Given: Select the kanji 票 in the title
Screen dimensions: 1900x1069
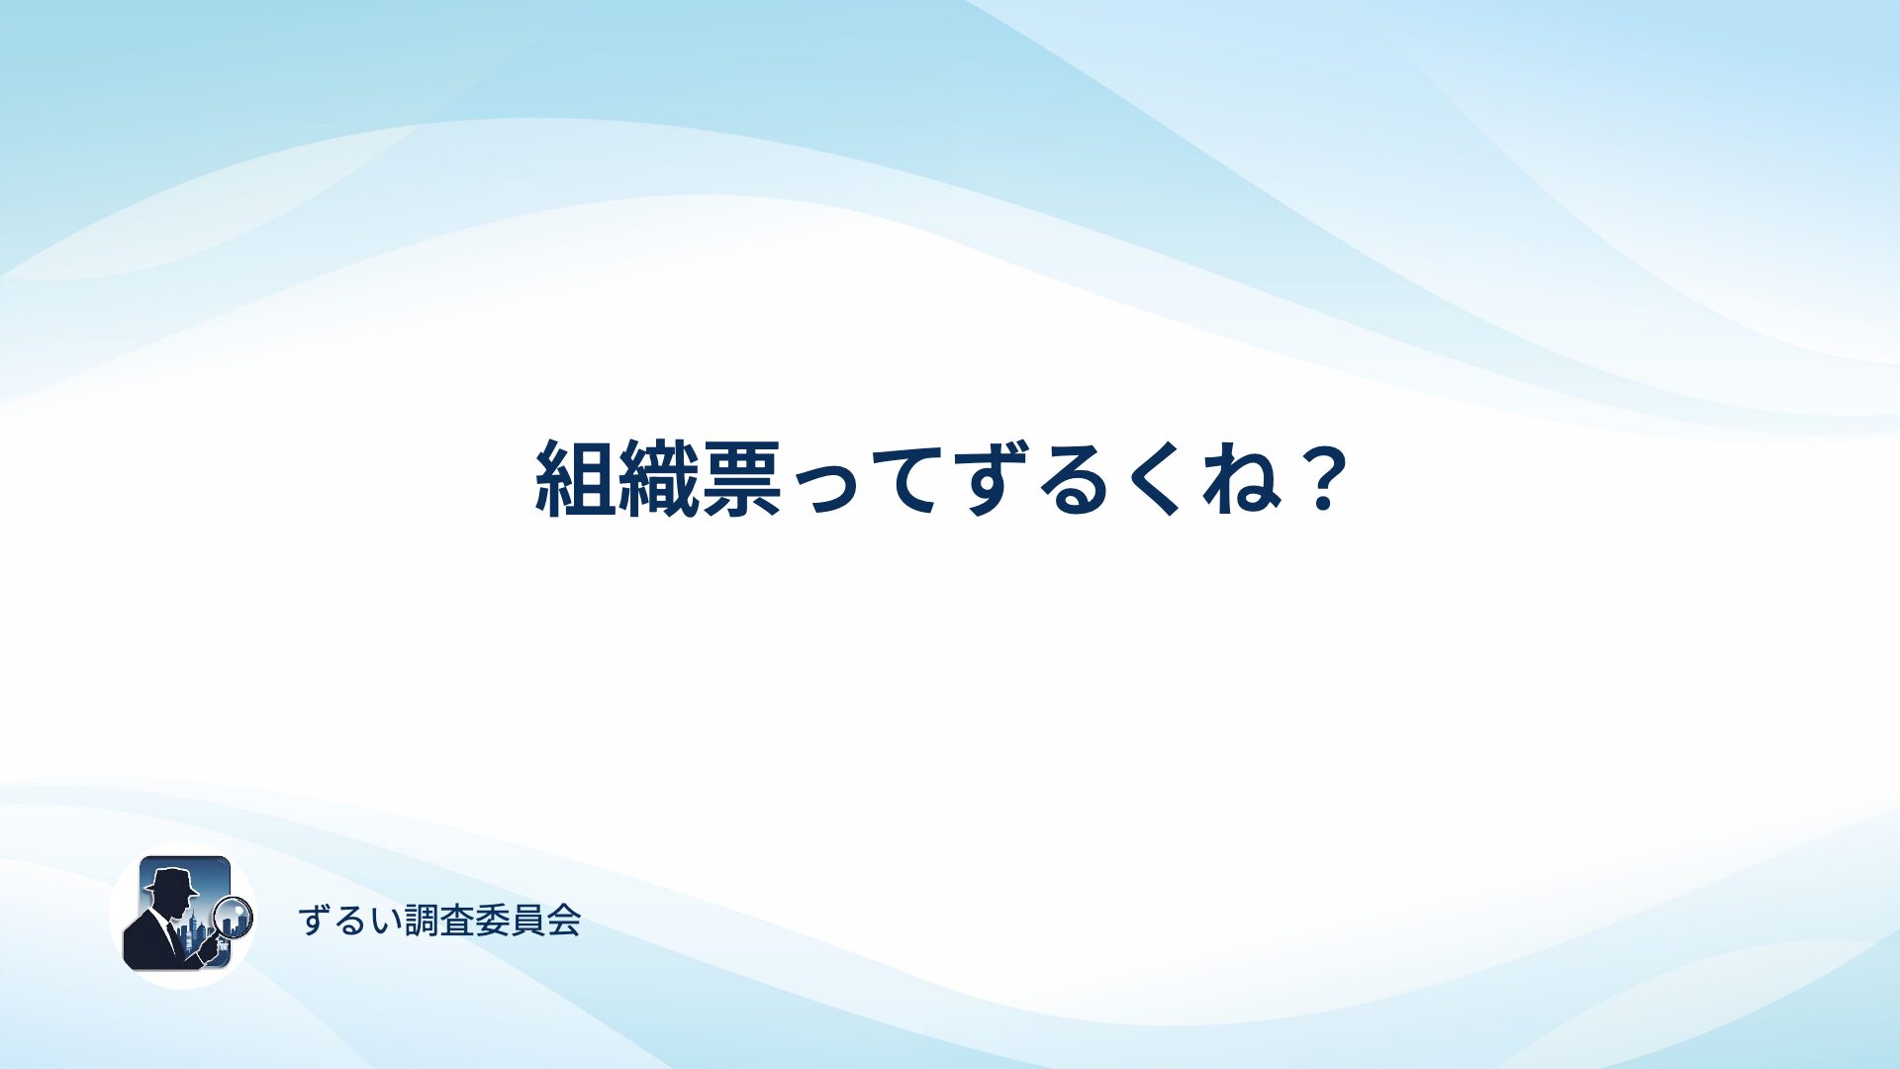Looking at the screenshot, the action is (741, 479).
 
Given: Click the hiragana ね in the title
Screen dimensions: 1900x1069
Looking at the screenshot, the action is (1242, 479).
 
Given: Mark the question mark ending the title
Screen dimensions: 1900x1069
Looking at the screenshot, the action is (1323, 479).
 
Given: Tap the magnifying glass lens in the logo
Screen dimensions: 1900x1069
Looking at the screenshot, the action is (234, 916).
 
